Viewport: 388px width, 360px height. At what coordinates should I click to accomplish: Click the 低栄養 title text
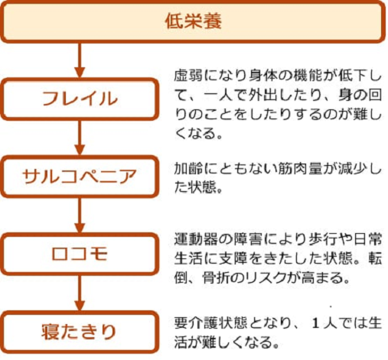193,21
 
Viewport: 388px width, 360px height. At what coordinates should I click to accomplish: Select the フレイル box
80,99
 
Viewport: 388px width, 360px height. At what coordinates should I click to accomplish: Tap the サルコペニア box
80,177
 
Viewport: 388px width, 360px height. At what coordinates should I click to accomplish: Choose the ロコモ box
80,254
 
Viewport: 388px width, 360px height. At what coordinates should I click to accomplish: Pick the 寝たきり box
80,332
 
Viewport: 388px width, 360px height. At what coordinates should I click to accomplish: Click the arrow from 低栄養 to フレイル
80,60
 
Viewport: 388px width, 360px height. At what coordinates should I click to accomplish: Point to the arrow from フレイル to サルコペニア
80,138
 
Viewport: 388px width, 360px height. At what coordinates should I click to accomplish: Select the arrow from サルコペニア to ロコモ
80,215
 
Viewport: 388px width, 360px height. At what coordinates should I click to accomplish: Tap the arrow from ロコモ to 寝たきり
80,293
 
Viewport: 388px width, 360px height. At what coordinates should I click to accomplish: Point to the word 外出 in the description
263,95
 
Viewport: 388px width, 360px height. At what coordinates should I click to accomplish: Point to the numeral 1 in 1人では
315,323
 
